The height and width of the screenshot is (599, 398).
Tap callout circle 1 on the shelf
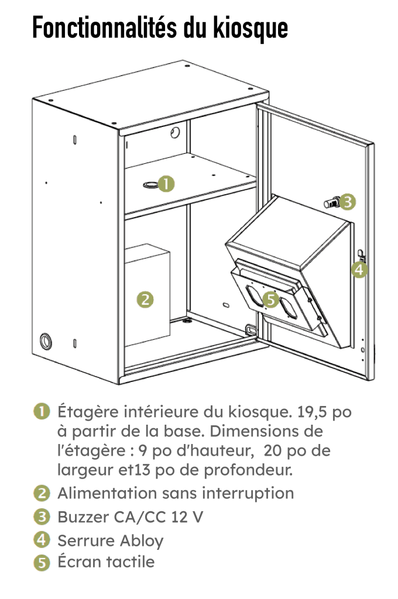(167, 184)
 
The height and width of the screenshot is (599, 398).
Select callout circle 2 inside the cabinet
(145, 299)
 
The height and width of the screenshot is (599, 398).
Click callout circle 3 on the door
(348, 202)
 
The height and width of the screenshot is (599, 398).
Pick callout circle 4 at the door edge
(359, 270)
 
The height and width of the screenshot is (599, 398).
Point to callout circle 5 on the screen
(270, 299)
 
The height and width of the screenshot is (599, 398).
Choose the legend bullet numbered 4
(41, 539)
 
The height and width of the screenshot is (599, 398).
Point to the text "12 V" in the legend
(188, 517)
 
